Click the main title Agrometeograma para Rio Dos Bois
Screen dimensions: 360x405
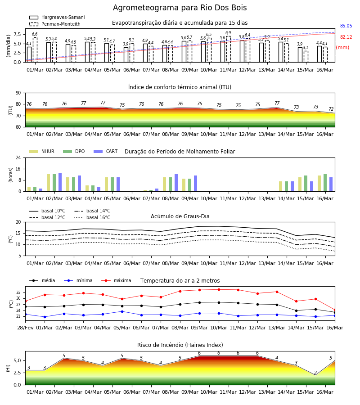[180, 8]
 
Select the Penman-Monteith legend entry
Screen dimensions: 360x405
[55, 24]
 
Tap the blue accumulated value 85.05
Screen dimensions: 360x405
[346, 26]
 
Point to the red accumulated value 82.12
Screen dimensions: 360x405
[346, 37]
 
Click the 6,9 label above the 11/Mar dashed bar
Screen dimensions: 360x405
[228, 33]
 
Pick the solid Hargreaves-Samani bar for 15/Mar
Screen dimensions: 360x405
[300, 55]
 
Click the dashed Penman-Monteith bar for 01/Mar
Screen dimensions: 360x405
[35, 50]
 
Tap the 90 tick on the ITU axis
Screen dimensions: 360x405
[18, 93]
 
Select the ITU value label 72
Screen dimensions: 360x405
[331, 109]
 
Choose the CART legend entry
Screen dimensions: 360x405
[106, 151]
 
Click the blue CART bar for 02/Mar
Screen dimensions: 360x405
[60, 182]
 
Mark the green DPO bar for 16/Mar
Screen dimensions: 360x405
[325, 183]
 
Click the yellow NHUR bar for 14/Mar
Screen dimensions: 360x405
[281, 186]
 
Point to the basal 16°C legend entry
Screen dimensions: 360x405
[92, 217]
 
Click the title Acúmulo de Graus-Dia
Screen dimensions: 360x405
[180, 216]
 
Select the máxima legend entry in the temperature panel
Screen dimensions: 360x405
[116, 280]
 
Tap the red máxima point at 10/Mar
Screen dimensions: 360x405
[219, 289]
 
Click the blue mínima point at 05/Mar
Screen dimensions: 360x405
[122, 311]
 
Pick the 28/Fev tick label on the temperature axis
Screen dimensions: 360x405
[25, 328]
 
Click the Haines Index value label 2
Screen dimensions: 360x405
[315, 373]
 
